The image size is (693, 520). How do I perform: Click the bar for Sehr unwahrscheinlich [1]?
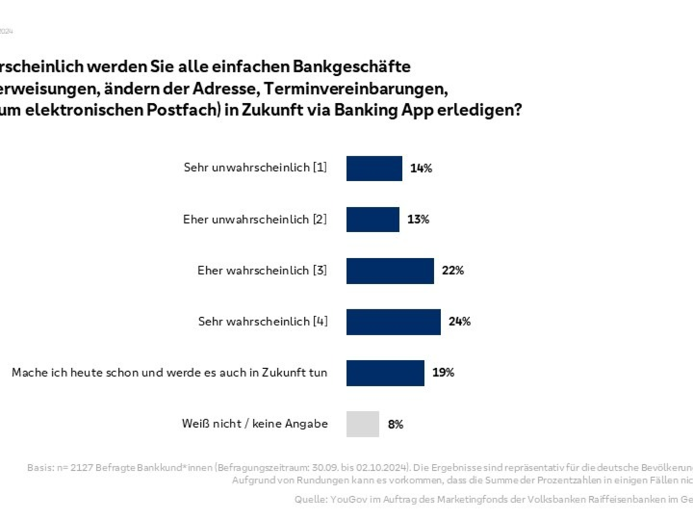coord(374,168)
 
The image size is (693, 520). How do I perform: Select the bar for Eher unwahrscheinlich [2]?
coord(372,220)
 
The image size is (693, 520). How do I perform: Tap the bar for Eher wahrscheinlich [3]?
coord(390,270)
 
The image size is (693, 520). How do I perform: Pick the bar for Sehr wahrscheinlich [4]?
coord(393,322)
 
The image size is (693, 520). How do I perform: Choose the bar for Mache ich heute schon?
coord(385,373)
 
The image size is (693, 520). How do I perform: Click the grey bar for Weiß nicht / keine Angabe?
coord(363,424)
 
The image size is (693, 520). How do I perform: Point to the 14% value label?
coord(421,169)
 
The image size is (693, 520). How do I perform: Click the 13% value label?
coord(418,220)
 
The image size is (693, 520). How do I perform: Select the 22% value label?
coord(453,270)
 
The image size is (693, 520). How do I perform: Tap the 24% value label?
coord(460,322)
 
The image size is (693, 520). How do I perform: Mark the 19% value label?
coord(443,373)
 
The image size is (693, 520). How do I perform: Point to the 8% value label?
coord(396,424)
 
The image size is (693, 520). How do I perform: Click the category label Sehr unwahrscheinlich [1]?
coord(255,168)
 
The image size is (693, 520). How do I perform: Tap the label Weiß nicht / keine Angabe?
coord(255,424)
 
